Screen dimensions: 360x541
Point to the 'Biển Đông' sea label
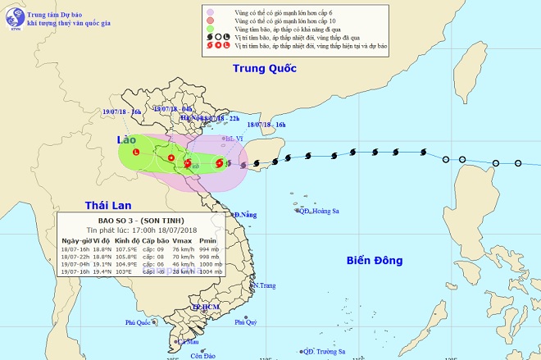tap(373, 261)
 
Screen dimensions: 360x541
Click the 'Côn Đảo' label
tap(202, 356)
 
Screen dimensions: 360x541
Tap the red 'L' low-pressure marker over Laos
tap(135, 152)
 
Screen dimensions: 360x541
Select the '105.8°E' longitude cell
tap(125, 256)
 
